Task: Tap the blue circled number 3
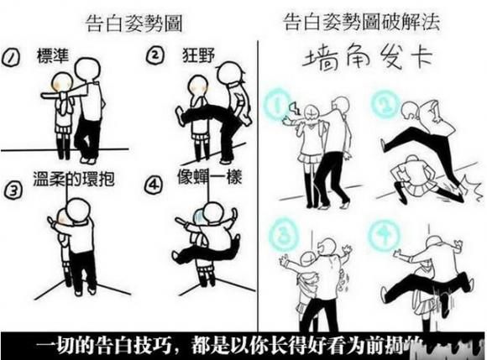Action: pyautogui.click(x=285, y=232)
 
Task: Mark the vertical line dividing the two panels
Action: pyautogui.click(x=258, y=168)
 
